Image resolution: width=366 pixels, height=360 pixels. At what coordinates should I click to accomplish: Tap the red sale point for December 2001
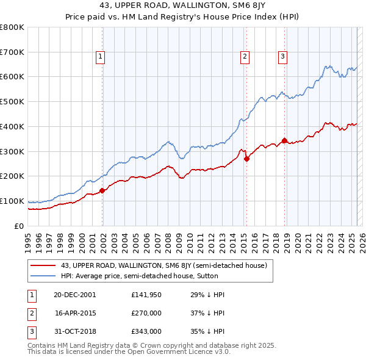click(102, 190)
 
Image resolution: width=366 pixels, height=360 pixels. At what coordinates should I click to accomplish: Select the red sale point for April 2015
click(246, 159)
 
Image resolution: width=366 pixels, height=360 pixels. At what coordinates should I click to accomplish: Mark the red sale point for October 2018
click(285, 140)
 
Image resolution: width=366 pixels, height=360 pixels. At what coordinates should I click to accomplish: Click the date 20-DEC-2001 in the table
click(75, 295)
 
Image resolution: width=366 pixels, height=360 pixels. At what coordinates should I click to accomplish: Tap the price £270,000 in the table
click(146, 313)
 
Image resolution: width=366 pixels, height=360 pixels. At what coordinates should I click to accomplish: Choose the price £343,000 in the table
click(146, 331)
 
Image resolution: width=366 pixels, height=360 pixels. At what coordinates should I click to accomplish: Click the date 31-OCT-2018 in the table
click(75, 331)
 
